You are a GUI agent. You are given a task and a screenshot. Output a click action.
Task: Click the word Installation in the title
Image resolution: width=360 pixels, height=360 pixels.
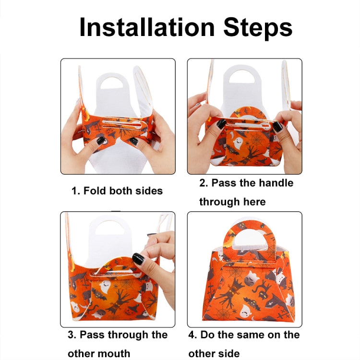tap(147, 27)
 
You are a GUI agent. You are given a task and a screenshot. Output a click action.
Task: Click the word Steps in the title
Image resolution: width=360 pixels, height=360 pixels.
tap(258, 28)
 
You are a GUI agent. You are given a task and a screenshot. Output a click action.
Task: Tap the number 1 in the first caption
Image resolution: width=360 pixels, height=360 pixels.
tap(74, 191)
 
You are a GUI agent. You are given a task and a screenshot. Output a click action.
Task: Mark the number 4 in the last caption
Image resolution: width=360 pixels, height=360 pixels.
tap(192, 335)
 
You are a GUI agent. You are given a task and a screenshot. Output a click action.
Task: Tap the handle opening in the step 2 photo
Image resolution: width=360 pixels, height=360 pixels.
tap(242, 77)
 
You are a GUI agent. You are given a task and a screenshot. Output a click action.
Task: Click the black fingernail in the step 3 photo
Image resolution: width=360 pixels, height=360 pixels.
tap(138, 259)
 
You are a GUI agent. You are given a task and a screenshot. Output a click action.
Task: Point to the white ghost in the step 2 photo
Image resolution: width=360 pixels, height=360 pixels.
tap(238, 143)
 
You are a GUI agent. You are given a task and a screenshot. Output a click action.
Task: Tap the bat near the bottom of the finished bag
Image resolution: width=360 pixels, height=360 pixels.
tap(252, 303)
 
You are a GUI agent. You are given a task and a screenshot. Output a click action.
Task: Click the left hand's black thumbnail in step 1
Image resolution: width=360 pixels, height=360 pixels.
tap(101, 141)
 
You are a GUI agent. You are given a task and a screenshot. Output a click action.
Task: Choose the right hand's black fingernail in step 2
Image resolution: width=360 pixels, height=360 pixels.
tap(277, 127)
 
